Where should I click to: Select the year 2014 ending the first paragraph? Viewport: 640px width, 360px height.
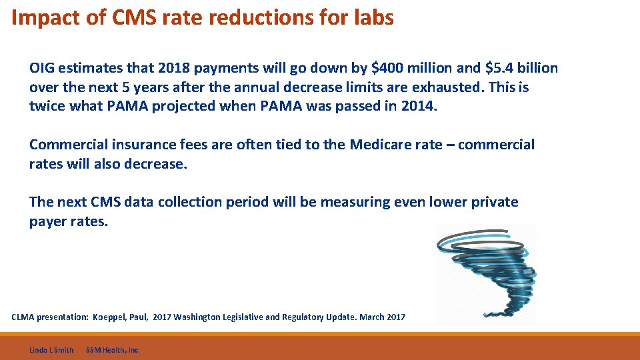click(x=419, y=107)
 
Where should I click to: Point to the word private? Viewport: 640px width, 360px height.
click(x=495, y=202)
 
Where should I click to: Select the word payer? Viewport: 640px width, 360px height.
click(x=48, y=221)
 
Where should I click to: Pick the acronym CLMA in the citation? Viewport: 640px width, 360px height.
click(x=23, y=317)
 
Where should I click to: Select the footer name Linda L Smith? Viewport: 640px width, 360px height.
click(x=51, y=350)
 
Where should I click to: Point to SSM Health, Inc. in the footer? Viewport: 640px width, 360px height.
click(x=113, y=350)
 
